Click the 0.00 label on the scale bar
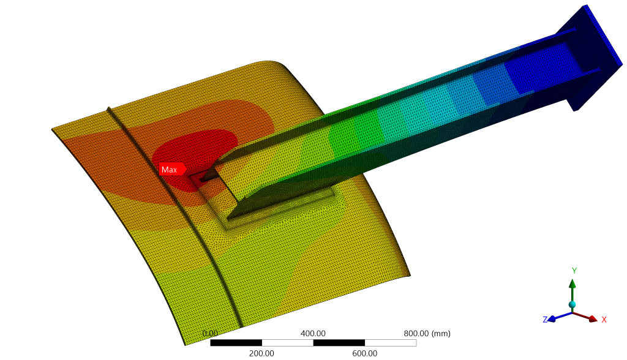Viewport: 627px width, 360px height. [x=210, y=333]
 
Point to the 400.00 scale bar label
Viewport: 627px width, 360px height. [x=313, y=333]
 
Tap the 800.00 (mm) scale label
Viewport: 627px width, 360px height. [x=427, y=333]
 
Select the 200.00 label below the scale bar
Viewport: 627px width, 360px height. [x=261, y=353]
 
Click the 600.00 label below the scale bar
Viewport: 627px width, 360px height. [x=364, y=353]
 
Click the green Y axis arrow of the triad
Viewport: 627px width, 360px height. [x=572, y=288]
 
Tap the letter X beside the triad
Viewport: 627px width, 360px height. [x=604, y=320]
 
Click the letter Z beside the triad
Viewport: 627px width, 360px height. [x=545, y=320]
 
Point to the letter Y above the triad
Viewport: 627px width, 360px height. [x=574, y=271]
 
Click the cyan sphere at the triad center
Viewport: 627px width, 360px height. [x=572, y=304]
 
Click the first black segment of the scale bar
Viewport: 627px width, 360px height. [x=236, y=343]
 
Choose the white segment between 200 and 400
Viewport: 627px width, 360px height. [x=287, y=343]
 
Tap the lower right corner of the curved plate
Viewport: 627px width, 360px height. [x=408, y=276]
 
